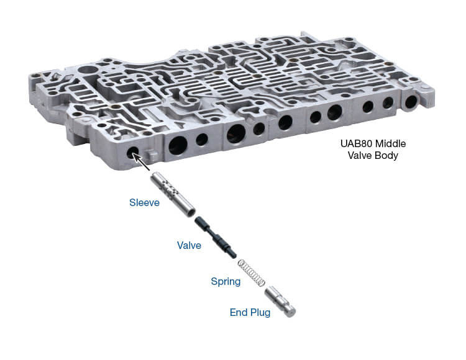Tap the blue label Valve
[188, 245]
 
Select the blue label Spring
[225, 281]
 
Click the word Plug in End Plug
[260, 312]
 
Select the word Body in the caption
[386, 156]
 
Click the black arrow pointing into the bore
[144, 163]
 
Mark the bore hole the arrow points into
[133, 153]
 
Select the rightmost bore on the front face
[411, 100]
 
